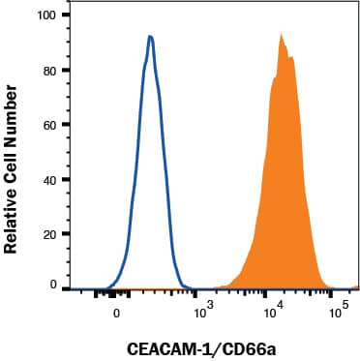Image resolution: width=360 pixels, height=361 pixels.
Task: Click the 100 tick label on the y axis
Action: pos(44,16)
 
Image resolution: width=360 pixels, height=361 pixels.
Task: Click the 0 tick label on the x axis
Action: pos(117,313)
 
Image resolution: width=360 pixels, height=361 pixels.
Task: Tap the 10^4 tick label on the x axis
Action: pos(274,311)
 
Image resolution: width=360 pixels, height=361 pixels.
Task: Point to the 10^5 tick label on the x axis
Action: pos(339,311)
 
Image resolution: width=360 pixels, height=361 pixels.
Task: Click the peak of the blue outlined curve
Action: pos(150,37)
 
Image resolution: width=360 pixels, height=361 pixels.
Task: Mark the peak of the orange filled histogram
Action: pos(281,34)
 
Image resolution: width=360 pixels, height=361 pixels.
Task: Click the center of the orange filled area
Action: pos(280,194)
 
